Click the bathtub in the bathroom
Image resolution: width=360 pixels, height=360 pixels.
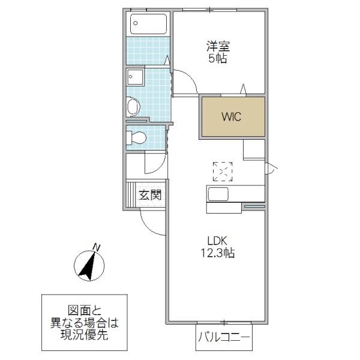(x=149, y=25)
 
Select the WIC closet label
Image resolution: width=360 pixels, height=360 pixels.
(x=231, y=117)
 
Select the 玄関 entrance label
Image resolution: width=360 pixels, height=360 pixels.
(x=150, y=194)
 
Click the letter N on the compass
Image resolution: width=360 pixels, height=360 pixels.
(x=96, y=246)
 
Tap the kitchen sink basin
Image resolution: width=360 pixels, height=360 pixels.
(x=217, y=194)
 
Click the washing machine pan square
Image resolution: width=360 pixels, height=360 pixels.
(x=134, y=78)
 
